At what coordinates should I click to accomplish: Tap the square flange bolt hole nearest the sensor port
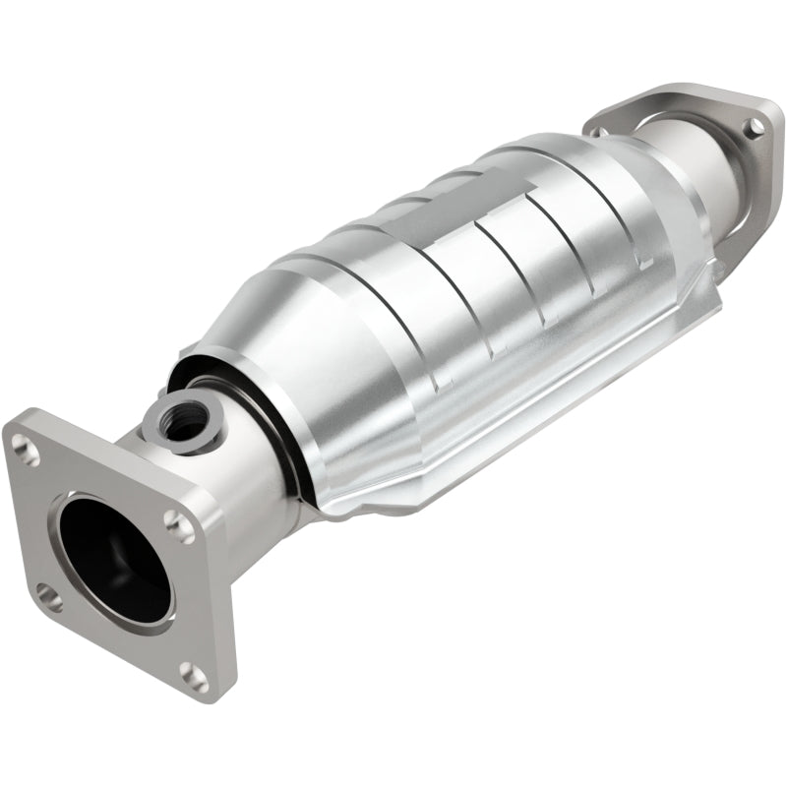(179, 523)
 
